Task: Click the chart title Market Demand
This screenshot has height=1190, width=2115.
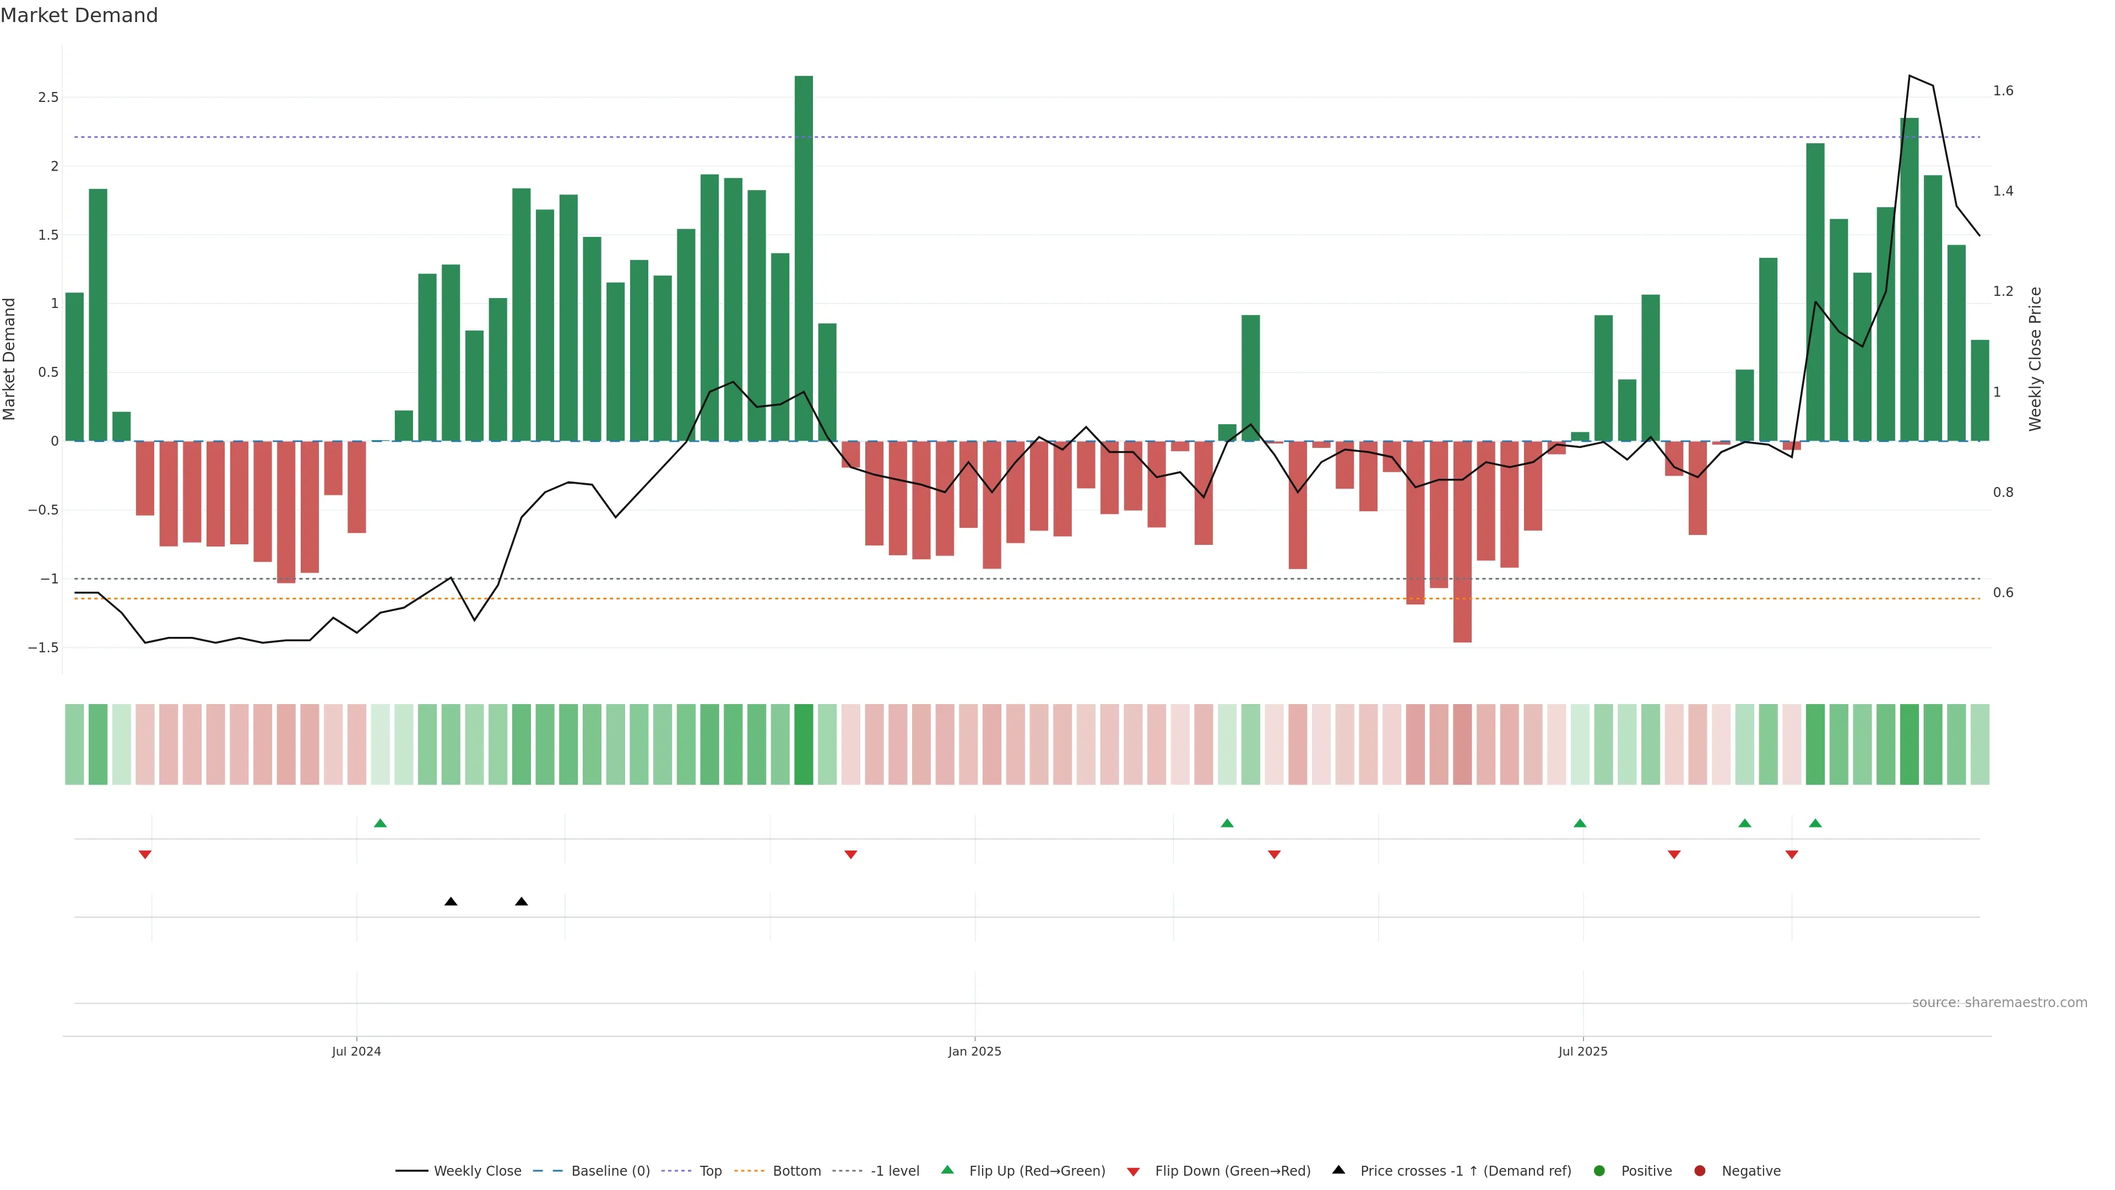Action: [79, 15]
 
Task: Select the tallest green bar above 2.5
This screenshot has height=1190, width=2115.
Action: [803, 259]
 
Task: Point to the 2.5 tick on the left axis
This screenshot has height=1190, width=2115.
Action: [48, 98]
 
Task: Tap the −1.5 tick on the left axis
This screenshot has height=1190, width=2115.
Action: [44, 648]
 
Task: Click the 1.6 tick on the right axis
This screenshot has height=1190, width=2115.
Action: [2003, 91]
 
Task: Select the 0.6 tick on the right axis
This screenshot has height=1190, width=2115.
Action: [2003, 593]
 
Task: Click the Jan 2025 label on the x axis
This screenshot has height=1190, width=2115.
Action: [974, 1051]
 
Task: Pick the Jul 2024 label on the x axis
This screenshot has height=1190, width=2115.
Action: [356, 1051]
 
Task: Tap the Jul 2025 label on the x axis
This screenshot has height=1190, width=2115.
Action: [1582, 1051]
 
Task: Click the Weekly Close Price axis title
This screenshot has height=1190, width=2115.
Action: [2035, 359]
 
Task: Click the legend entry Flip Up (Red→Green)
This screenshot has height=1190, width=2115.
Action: [1036, 1171]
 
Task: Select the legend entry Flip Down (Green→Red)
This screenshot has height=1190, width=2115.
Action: [1232, 1171]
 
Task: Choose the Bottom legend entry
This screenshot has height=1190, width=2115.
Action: [795, 1171]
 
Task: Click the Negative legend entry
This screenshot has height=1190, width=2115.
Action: [1750, 1171]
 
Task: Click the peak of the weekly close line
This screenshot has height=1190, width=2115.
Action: [1909, 75]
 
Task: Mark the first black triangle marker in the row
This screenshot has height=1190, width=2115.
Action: [451, 902]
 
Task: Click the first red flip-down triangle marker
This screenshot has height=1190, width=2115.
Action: [145, 855]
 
